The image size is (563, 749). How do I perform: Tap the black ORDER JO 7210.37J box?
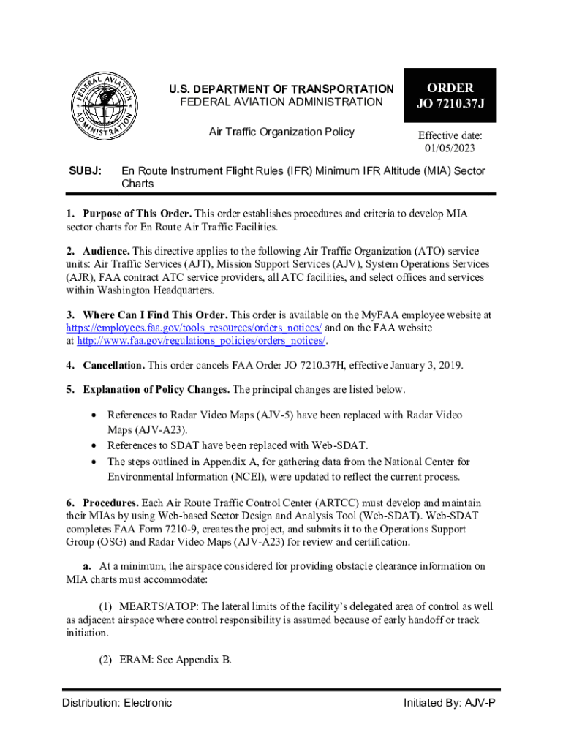point(450,96)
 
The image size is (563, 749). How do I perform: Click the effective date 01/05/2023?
point(450,149)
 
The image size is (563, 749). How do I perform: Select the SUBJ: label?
point(84,171)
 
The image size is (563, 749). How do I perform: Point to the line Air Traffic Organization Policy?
point(281,132)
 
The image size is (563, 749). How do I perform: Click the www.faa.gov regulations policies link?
point(200,341)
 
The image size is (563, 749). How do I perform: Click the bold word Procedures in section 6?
point(110,503)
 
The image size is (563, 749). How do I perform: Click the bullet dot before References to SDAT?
point(93,445)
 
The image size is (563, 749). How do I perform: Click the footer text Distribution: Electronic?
point(117,703)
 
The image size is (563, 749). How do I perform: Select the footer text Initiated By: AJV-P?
point(449,703)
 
